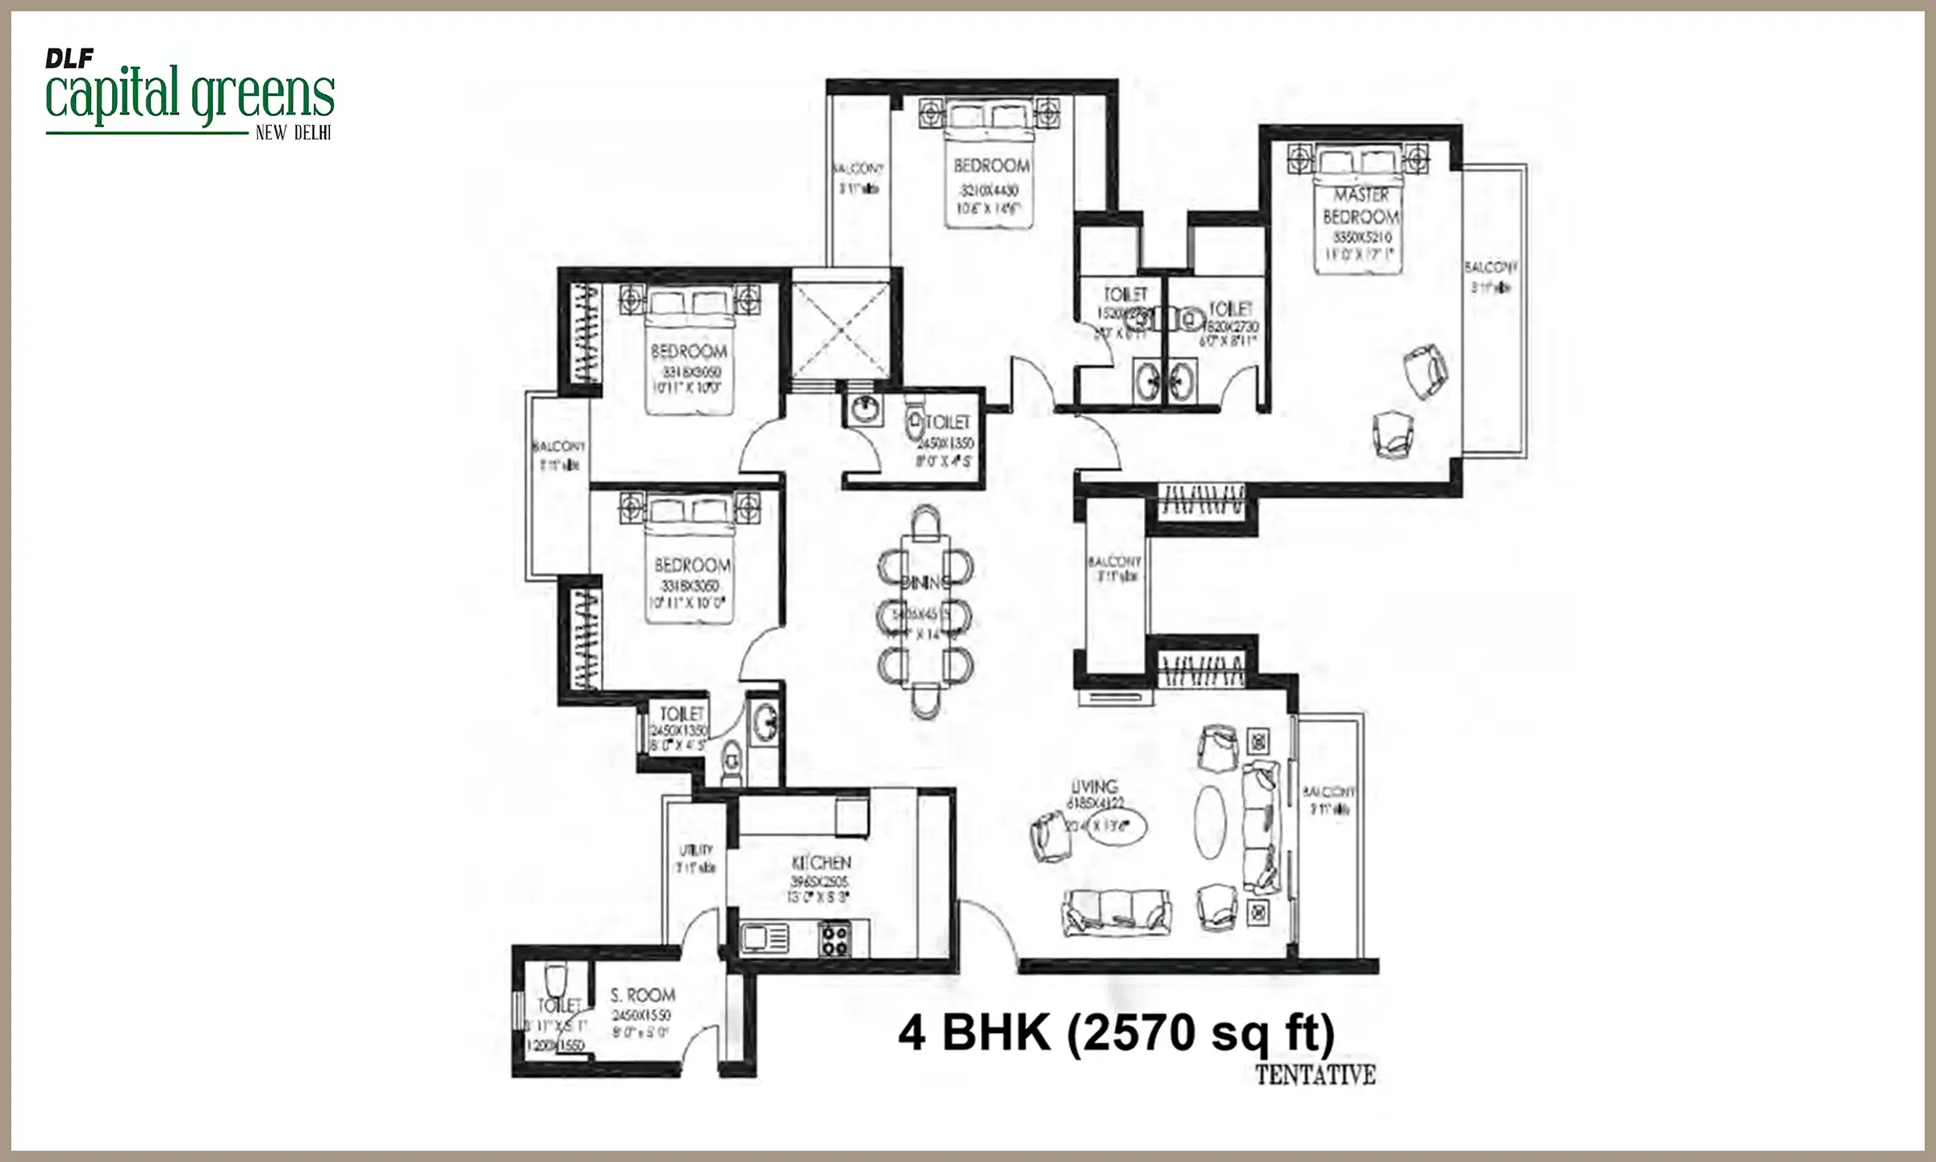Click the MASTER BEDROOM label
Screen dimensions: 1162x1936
1361,206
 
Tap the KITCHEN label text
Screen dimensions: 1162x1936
821,863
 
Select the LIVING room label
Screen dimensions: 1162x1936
1094,786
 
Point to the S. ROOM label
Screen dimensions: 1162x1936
642,995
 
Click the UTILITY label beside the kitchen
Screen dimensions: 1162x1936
695,850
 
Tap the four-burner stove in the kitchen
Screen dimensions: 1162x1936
834,939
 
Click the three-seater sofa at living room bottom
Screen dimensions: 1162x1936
1117,912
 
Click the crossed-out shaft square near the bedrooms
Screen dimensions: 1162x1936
841,330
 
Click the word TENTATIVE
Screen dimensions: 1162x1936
1315,1075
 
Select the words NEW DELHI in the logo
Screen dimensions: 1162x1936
293,133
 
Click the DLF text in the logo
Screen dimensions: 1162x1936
69,58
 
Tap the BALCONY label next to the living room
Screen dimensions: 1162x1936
1329,792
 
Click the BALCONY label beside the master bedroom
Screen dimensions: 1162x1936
1491,266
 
